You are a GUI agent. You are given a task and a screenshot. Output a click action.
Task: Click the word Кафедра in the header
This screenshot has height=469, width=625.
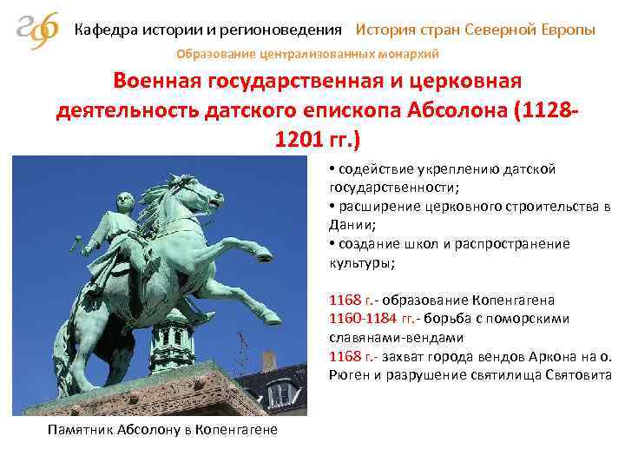click(x=104, y=30)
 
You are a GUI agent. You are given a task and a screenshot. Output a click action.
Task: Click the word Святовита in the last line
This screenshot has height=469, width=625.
click(x=579, y=375)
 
